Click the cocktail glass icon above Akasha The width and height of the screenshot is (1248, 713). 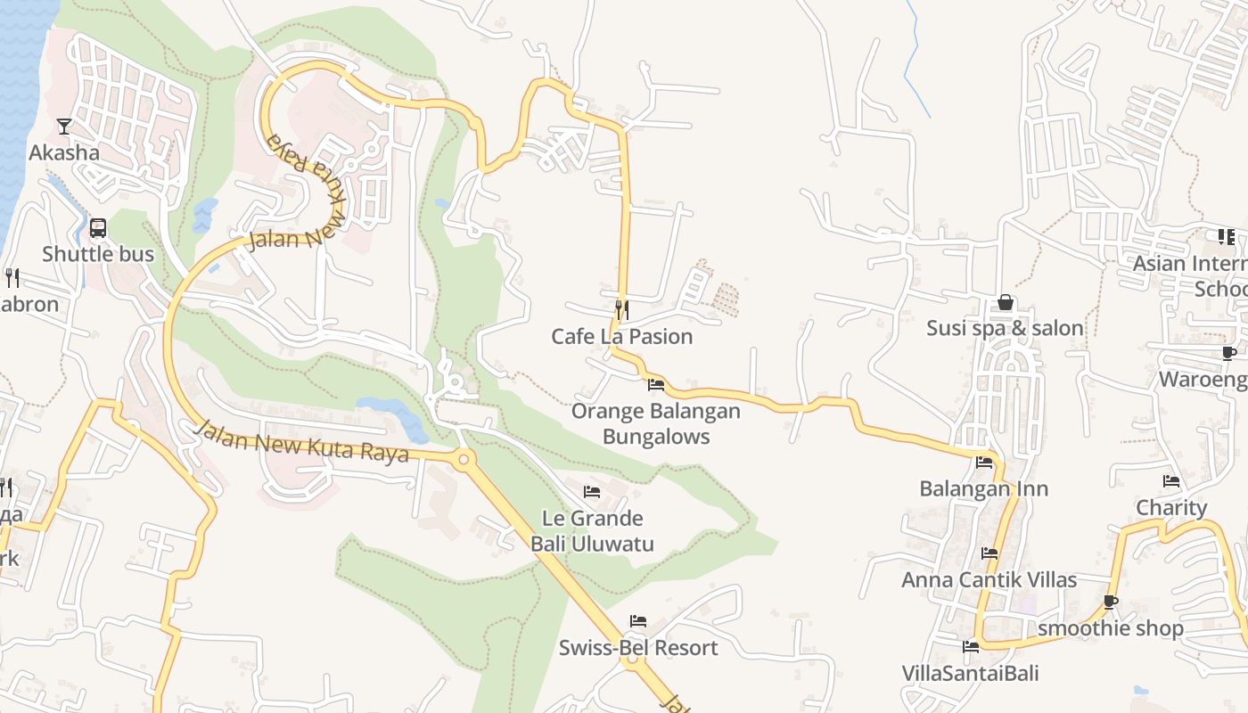(64, 126)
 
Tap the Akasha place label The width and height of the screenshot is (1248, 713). (64, 152)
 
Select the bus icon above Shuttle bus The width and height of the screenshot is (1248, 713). (98, 227)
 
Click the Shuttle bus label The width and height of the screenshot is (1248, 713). (98, 254)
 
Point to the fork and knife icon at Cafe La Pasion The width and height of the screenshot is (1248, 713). (622, 310)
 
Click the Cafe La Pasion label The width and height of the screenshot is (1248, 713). (622, 337)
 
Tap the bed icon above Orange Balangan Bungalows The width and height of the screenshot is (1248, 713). (656, 385)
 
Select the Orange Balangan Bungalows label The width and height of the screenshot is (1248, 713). (656, 423)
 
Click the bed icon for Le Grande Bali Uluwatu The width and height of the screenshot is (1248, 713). (592, 492)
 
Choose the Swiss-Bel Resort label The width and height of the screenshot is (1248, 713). (638, 648)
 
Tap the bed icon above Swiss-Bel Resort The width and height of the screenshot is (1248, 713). (638, 621)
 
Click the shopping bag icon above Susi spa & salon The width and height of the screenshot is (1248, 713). (1006, 302)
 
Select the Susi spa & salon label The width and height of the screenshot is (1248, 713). (1006, 329)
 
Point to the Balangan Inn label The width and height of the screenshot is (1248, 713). (984, 489)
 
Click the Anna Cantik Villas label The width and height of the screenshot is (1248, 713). (989, 580)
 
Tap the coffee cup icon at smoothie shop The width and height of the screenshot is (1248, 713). (1111, 602)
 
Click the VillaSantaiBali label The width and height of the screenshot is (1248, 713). (971, 673)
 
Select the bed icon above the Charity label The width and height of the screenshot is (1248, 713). (1171, 481)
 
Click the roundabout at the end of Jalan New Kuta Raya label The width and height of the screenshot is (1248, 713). (463, 460)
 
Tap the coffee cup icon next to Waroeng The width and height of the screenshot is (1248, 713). (1228, 353)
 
